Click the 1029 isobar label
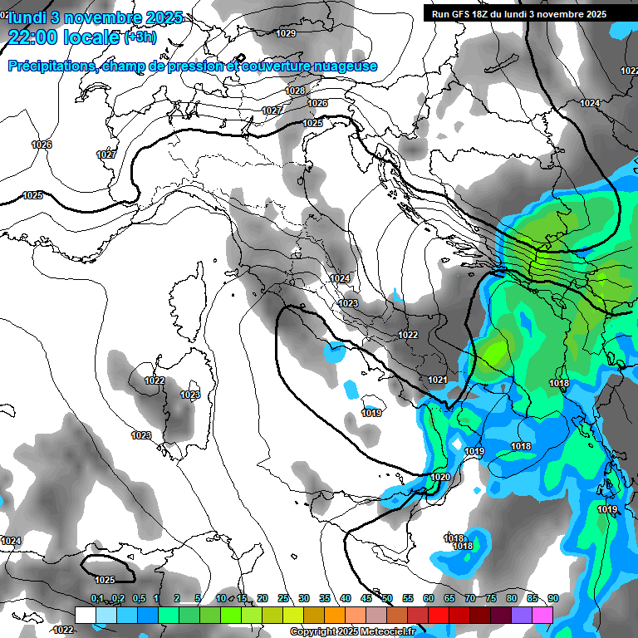(286, 33)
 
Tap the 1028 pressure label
(295, 91)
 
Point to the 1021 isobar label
(438, 380)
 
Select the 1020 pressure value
(441, 477)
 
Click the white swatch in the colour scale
(85, 614)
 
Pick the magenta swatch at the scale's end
(542, 614)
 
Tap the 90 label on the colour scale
(552, 598)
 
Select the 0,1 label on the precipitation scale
(97, 598)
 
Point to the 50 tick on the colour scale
(386, 598)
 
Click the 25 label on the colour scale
(282, 598)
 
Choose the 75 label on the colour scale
(490, 598)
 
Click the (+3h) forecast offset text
(139, 37)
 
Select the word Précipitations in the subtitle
(49, 66)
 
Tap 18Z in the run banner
(484, 14)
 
